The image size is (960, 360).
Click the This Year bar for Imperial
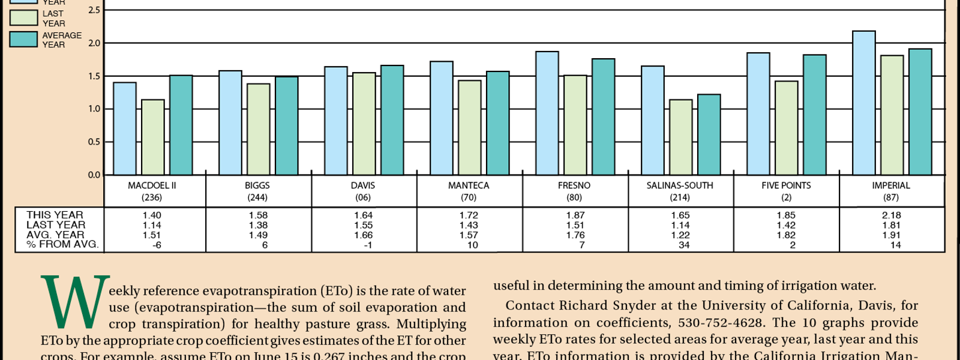coord(863,103)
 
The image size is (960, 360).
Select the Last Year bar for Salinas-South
coord(680,137)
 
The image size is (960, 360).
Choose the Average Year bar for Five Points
coord(814,115)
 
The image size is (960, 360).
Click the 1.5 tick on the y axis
coord(94,76)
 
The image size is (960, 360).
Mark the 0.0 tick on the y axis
coord(94,175)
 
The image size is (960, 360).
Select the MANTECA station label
coord(469,185)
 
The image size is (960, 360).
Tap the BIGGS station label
coord(257,185)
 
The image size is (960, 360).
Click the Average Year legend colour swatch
coord(23,40)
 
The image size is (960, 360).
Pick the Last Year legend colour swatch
coord(23,18)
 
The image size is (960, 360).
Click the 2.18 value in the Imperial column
coord(892,215)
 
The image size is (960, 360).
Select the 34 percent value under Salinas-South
coord(684,245)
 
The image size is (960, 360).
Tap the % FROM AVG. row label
coord(62,244)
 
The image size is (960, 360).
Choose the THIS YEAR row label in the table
coord(55,215)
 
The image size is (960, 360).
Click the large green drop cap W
coord(75,302)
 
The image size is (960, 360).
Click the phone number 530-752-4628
coord(720,323)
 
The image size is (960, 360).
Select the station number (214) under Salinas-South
coord(680,197)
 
